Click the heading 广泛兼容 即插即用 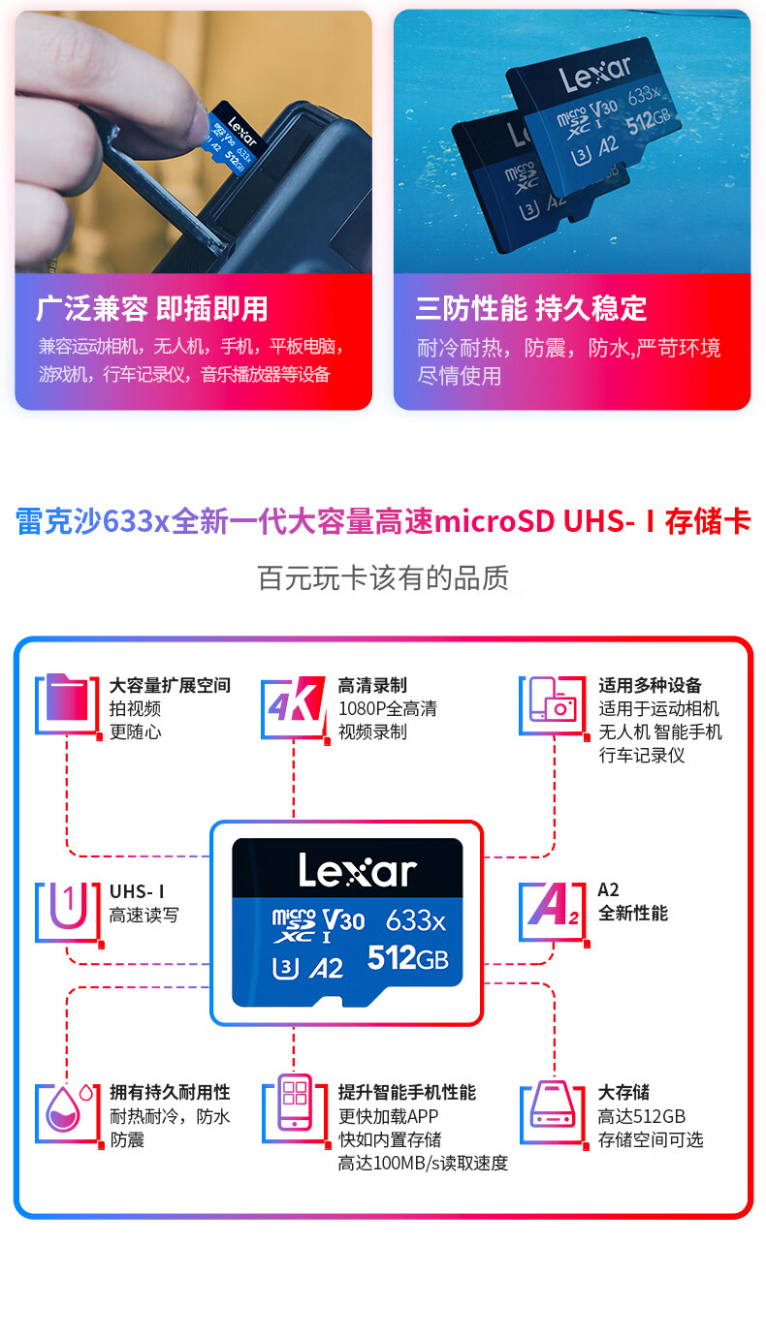pyautogui.click(x=151, y=309)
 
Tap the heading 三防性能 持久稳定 pyautogui.click(x=530, y=309)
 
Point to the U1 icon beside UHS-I pyautogui.click(x=66, y=911)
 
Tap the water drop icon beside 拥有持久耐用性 pyautogui.click(x=68, y=1109)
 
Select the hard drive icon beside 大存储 pyautogui.click(x=553, y=1109)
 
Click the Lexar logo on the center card pyautogui.click(x=357, y=870)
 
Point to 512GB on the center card pyautogui.click(x=407, y=958)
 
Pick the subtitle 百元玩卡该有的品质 pyautogui.click(x=383, y=578)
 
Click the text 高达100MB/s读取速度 pyautogui.click(x=423, y=1163)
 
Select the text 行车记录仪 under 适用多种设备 pyautogui.click(x=642, y=755)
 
